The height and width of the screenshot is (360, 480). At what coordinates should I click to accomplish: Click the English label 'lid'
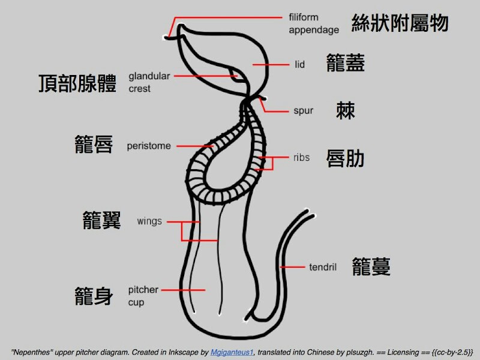tap(300, 64)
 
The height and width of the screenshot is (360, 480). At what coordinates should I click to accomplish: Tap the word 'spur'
tap(304, 111)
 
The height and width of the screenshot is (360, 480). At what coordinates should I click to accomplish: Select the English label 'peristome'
tap(149, 146)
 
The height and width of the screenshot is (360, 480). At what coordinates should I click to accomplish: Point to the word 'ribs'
tap(301, 158)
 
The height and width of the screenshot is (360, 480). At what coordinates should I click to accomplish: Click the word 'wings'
tap(149, 221)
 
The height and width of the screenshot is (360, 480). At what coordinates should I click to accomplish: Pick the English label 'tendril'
tap(323, 267)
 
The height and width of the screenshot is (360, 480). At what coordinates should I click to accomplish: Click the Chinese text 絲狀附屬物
tap(400, 23)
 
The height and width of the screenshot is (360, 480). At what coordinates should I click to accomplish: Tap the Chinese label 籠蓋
tap(346, 63)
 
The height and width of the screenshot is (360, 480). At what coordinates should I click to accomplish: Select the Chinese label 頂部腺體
tap(77, 83)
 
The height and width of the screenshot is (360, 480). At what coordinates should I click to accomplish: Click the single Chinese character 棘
tap(346, 110)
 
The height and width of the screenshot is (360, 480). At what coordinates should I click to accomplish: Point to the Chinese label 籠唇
tap(94, 145)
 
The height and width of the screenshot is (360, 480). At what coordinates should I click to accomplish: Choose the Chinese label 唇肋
tap(346, 158)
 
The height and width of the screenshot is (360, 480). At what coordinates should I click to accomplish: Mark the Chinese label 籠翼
tap(102, 220)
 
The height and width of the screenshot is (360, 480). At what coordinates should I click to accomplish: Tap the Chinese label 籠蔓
tap(371, 266)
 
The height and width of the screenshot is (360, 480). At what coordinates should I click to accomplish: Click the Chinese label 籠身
tap(94, 296)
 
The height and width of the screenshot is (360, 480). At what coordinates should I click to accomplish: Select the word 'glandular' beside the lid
tap(149, 76)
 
